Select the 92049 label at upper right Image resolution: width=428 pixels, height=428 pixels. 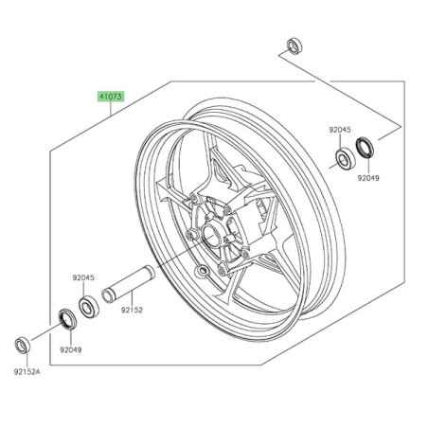369,175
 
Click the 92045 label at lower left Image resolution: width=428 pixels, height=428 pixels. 83,278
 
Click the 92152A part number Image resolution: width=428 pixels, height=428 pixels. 27,370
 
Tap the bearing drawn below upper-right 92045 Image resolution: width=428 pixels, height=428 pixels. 340,156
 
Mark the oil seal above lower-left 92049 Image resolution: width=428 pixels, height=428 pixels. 66,315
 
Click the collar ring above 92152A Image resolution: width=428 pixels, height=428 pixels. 25,341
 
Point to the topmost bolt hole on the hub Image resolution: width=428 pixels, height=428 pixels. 195,198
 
